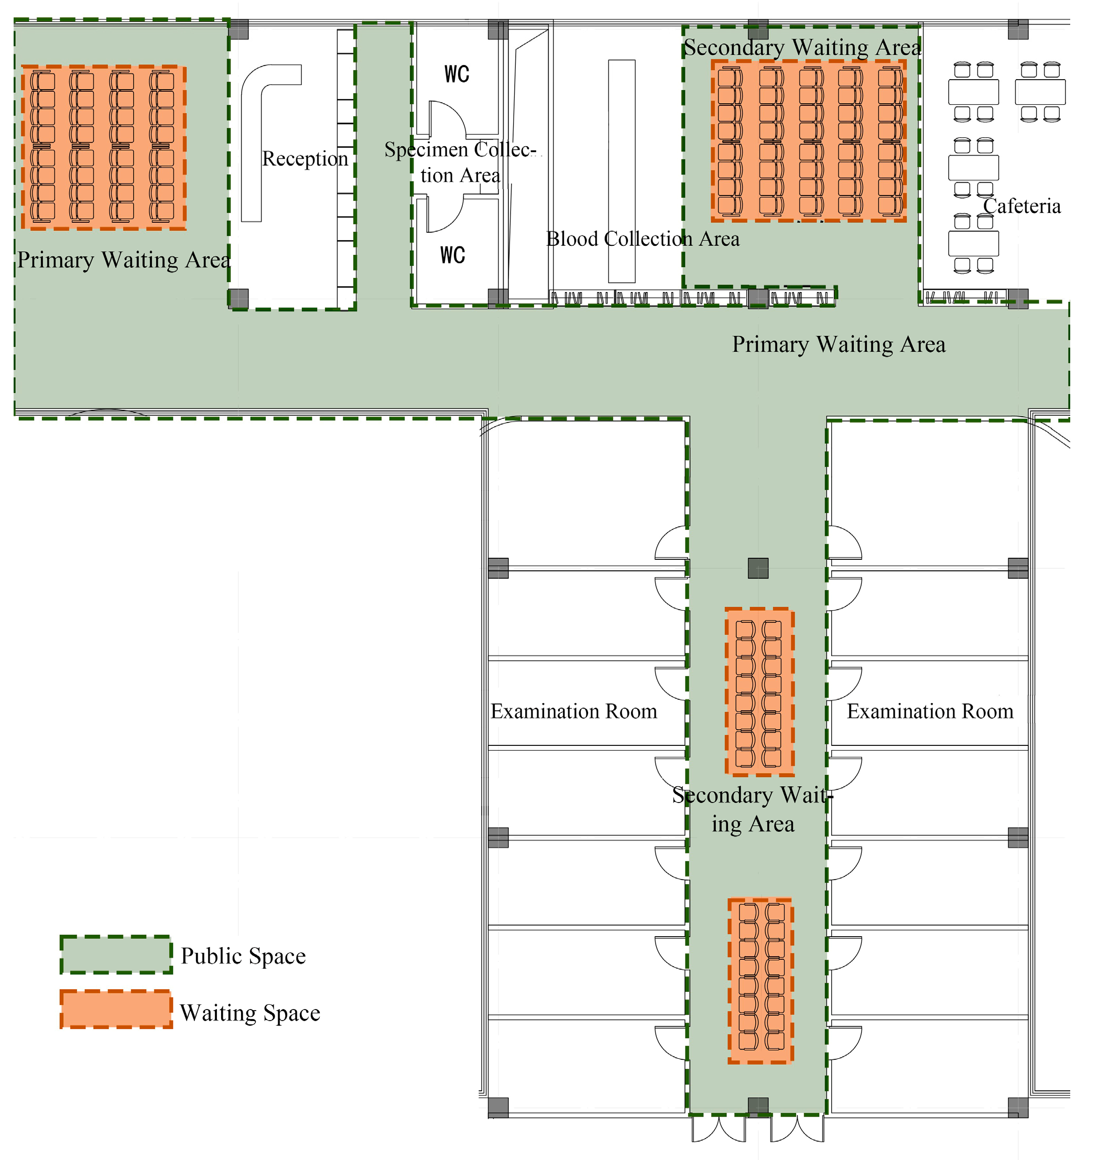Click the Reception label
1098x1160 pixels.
point(305,159)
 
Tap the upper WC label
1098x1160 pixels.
point(456,74)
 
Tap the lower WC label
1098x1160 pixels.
point(452,255)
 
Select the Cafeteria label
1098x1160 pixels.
point(1021,206)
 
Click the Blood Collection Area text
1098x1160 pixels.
point(643,239)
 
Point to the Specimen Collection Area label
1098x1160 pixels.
point(460,162)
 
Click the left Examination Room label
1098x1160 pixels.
point(573,711)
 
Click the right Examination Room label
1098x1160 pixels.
point(930,711)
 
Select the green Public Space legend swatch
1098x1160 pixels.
point(116,955)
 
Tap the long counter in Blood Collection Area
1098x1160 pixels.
point(622,171)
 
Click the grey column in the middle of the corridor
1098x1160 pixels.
point(758,568)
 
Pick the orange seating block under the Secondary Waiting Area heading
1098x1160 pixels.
point(809,140)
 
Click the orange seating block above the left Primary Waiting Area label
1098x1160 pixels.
point(104,147)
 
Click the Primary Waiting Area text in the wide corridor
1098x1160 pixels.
point(839,344)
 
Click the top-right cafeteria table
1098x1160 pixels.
point(1040,92)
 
